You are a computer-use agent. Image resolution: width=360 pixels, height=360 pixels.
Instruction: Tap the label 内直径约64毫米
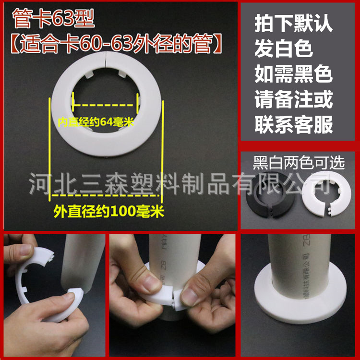click(x=96, y=122)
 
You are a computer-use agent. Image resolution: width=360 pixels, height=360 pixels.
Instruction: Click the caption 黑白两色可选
click(x=299, y=163)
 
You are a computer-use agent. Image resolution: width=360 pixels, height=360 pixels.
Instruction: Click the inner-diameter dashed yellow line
click(x=106, y=103)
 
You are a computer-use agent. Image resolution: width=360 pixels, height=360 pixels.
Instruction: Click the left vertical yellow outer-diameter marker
click(x=50, y=149)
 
